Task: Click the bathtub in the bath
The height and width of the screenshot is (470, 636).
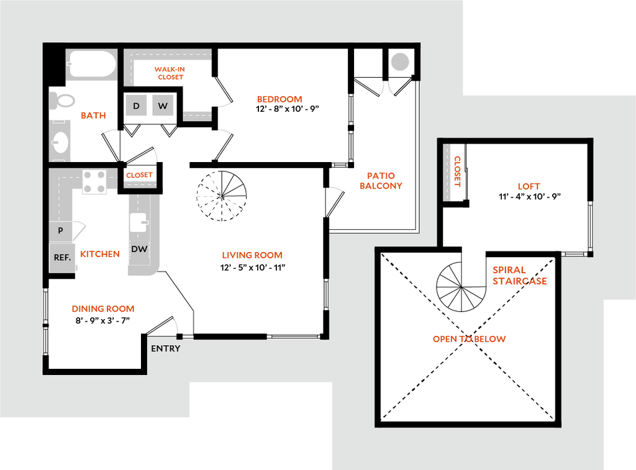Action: coord(92,64)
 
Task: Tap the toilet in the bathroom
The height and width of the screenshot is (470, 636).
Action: coord(63,99)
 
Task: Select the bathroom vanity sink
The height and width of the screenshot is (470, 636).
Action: coord(60,142)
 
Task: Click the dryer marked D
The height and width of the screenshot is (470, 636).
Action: coord(136,106)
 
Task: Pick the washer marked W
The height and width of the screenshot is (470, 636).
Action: coord(163,106)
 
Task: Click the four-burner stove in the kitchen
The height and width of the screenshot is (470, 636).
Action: coord(95,181)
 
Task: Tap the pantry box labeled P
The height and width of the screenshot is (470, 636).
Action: coord(60,231)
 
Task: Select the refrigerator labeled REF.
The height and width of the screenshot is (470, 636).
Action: coord(62,257)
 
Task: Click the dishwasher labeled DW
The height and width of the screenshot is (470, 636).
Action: coord(139,249)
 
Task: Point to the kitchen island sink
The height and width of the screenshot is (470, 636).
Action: coord(139,222)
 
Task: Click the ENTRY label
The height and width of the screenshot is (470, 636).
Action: coord(166,349)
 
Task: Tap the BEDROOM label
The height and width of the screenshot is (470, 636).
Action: coord(280,99)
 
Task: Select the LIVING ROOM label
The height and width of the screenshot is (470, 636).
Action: coord(253,255)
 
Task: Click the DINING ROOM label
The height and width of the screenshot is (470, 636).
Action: coord(104,309)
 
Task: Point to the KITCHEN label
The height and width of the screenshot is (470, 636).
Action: coord(100,255)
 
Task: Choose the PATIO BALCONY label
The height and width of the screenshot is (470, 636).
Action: coord(382,181)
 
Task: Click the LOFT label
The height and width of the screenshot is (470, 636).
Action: coord(529,186)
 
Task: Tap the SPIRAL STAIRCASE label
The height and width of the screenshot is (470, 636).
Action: coord(519,276)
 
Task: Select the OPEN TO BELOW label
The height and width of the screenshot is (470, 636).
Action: coord(470,339)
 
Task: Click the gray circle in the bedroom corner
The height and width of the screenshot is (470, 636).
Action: coord(400,61)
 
